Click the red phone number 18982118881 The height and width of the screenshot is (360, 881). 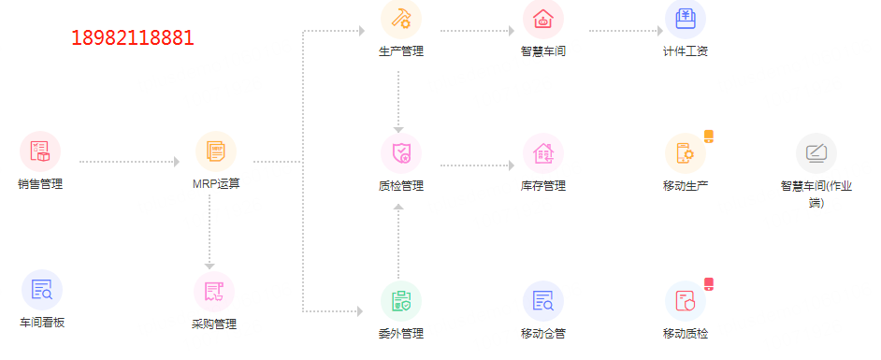pos(132,38)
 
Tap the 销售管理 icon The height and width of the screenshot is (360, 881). pos(40,151)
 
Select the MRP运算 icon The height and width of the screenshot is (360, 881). pos(216,151)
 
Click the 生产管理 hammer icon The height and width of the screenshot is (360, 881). pos(401,19)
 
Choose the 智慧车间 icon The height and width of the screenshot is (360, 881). pos(543,19)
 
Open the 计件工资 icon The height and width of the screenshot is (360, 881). pos(686,19)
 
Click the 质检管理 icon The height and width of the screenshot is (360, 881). pos(401,153)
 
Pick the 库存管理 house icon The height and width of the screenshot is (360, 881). pos(543,153)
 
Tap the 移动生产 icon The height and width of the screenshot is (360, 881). pos(686,153)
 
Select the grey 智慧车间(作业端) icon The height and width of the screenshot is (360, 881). pos(816,153)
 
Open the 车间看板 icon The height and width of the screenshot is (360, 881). pos(42,290)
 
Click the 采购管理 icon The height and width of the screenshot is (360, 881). pos(214,292)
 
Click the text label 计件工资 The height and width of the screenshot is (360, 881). pos(685,51)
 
